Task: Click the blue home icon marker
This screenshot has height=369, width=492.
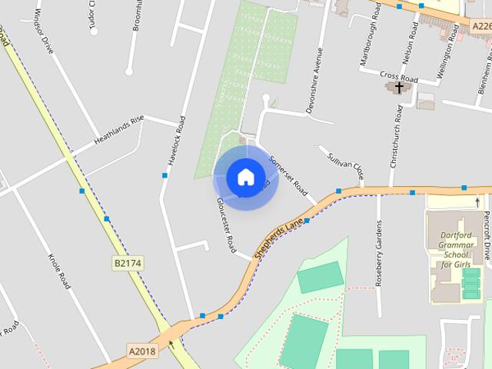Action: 245,177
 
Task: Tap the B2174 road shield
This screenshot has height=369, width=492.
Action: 128,264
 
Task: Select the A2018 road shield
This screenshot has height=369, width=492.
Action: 142,351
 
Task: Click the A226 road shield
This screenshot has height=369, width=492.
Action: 480,25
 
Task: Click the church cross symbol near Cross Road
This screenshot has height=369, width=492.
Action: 398,88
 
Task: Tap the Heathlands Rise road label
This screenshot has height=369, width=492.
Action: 119,131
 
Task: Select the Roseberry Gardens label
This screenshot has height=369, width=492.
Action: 378,254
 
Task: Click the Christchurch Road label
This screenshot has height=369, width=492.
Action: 397,136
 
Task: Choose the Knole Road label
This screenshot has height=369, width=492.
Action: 59,271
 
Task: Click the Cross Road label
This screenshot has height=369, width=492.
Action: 398,78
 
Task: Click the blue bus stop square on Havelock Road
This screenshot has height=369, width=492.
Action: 165,176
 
